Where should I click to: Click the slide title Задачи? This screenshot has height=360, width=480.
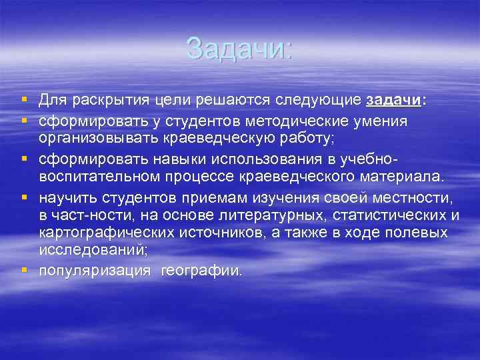tap(239, 48)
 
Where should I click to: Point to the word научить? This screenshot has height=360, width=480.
tap(67, 198)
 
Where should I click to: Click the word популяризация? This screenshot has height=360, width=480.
tap(95, 270)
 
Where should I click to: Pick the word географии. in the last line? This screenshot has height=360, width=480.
tap(201, 270)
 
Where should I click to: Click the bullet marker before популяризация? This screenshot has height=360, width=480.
tap(24, 269)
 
